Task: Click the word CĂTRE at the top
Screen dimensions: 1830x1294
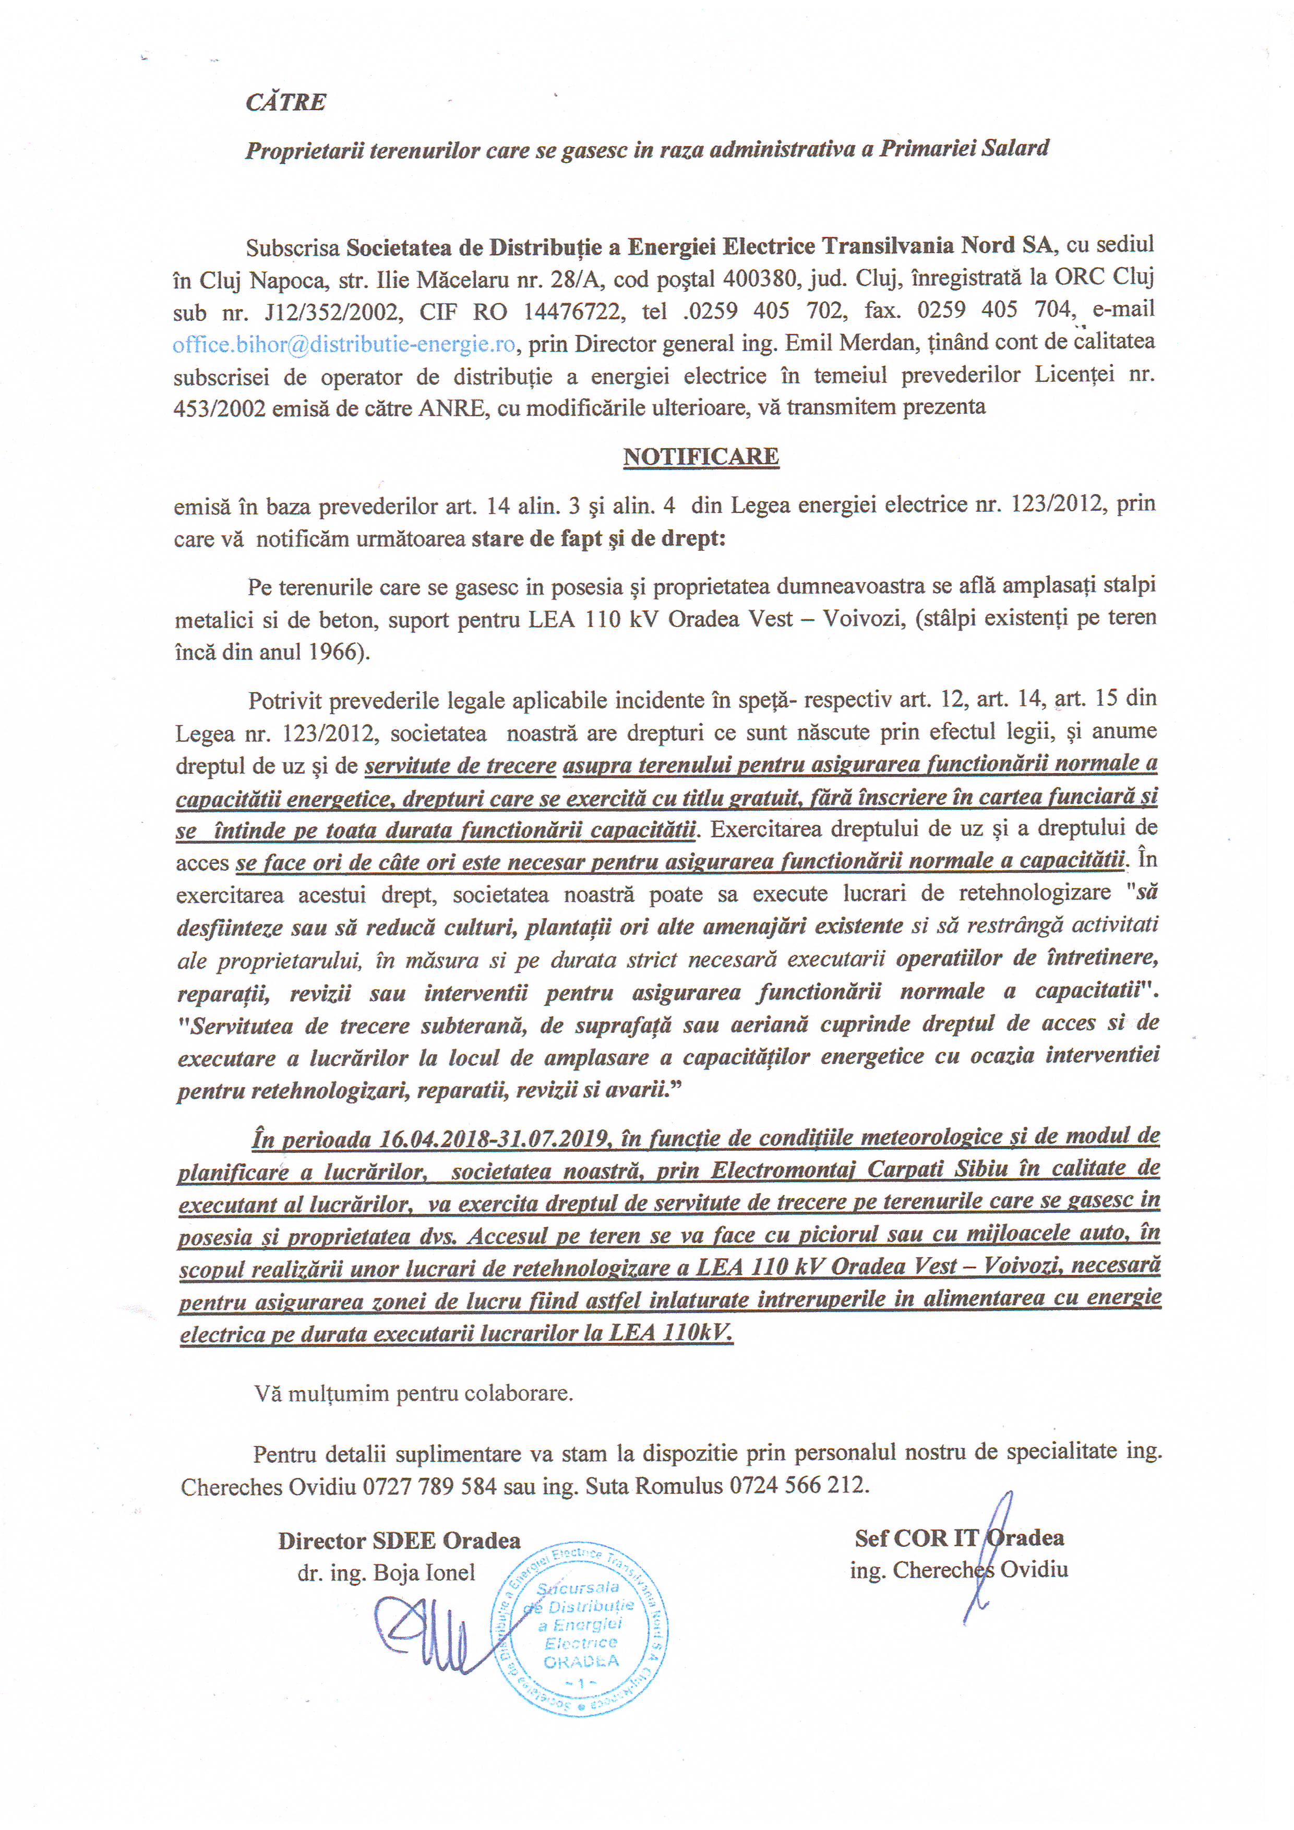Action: point(285,102)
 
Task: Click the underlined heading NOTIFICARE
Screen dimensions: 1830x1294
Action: point(701,456)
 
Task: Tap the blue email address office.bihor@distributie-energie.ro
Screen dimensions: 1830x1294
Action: point(344,344)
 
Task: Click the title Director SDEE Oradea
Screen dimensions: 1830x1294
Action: point(399,1540)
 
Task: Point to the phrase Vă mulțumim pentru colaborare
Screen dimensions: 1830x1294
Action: point(413,1393)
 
